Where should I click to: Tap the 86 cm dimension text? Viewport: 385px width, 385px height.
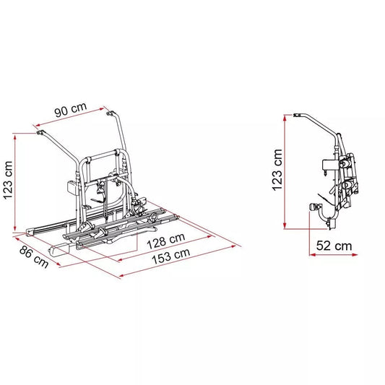(34, 257)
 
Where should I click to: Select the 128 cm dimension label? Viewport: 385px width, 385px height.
(165, 241)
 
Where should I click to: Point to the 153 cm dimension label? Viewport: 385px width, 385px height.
(171, 256)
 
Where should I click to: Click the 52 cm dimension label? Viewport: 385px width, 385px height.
(334, 246)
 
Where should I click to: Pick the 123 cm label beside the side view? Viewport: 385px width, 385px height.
(277, 170)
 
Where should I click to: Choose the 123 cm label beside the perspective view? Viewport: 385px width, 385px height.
(8, 181)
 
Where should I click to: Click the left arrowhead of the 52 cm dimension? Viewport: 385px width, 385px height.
(312, 255)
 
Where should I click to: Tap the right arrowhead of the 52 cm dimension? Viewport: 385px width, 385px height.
(355, 255)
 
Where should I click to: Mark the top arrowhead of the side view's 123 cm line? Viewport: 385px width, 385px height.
(285, 118)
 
